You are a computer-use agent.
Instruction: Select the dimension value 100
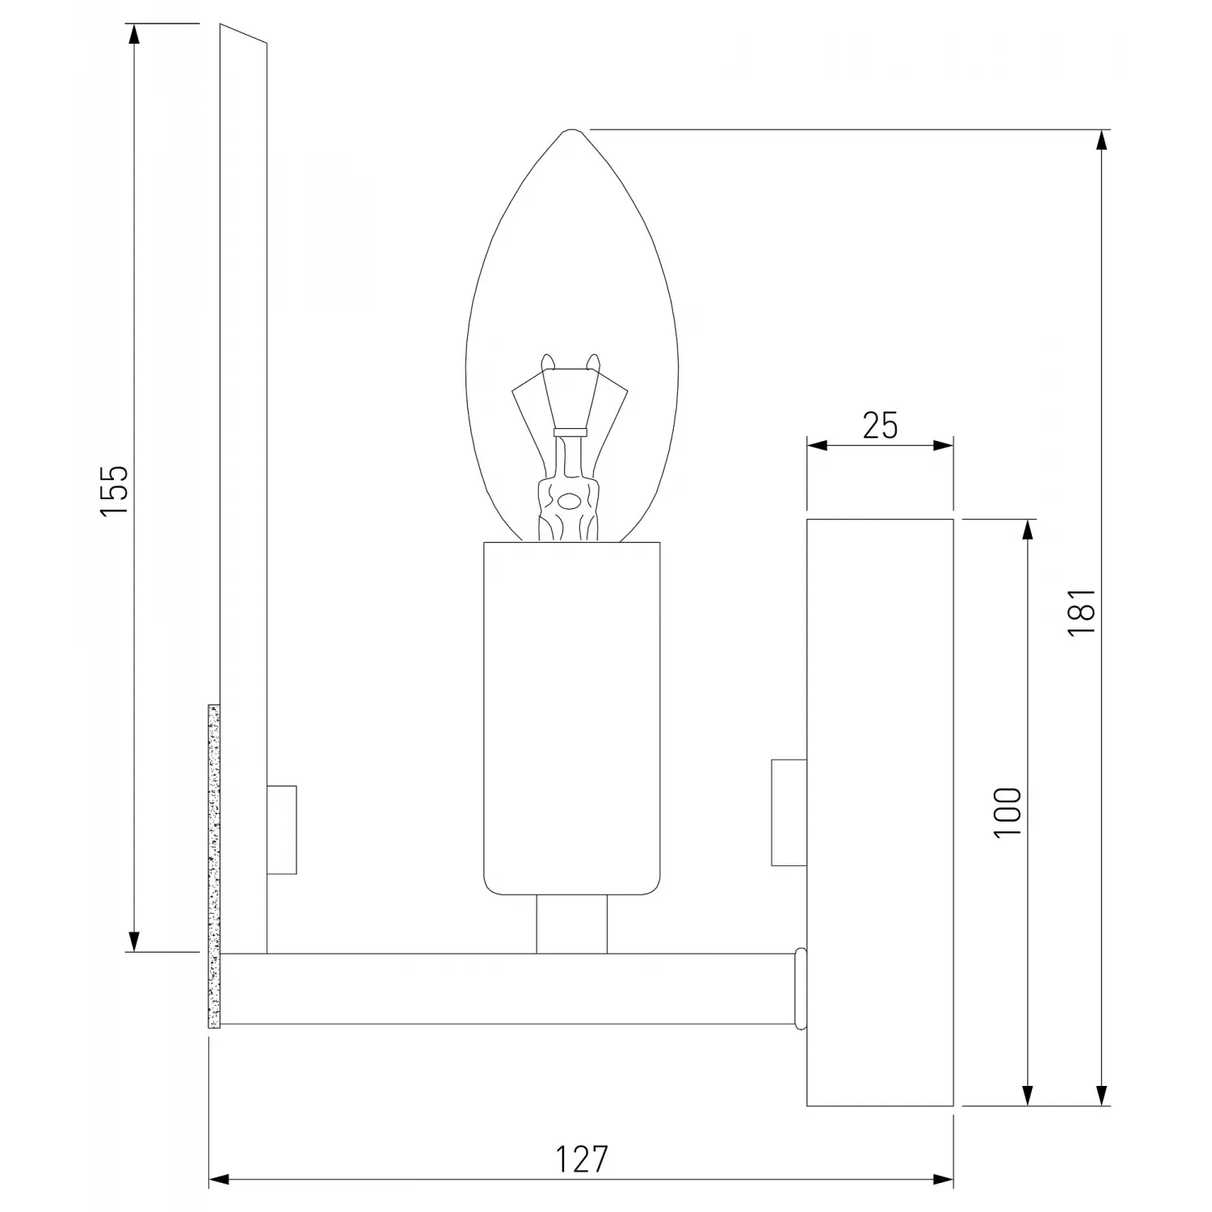(x=1008, y=811)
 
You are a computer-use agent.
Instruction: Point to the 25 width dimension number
(x=880, y=425)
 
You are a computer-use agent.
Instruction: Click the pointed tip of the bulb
(x=571, y=129)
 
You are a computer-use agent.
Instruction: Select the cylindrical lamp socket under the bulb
(x=571, y=718)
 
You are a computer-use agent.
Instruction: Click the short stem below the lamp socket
(x=571, y=924)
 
